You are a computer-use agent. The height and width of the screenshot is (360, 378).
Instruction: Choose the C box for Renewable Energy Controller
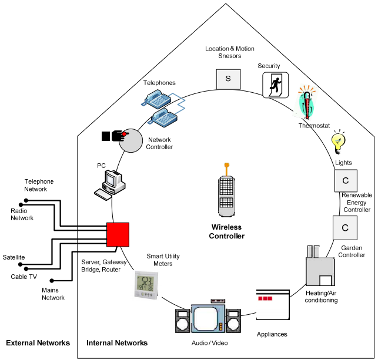point(345,180)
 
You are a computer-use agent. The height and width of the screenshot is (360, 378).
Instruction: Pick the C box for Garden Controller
point(345,227)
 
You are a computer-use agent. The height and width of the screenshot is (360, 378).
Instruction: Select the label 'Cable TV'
point(24,276)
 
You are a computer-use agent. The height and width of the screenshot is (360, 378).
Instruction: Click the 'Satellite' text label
point(13,257)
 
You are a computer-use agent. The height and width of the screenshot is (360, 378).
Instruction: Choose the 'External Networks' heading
point(38,343)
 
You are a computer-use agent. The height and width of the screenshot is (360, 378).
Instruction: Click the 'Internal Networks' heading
point(117,343)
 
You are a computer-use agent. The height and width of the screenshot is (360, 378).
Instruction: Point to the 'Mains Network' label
point(52,294)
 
